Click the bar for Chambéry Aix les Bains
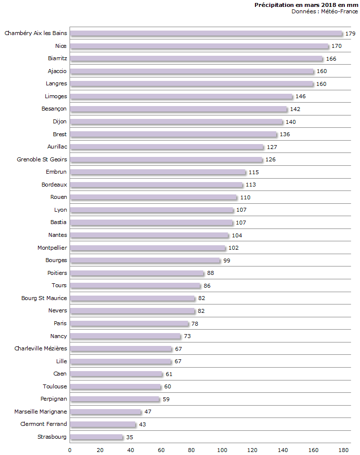click(206, 34)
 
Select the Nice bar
click(199, 46)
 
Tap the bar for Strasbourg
click(96, 437)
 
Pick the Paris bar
click(129, 324)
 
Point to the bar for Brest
click(173, 134)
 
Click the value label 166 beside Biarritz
click(331, 59)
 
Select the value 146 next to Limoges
click(301, 97)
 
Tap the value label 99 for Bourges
click(227, 261)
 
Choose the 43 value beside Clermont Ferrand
click(143, 424)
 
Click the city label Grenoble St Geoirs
click(42, 159)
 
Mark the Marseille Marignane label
click(41, 412)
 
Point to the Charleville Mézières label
click(41, 348)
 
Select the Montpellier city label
click(52, 248)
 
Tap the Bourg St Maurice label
click(44, 298)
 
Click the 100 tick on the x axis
click(222, 450)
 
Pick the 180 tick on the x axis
click(344, 450)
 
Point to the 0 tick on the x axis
click(70, 450)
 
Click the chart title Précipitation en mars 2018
click(306, 5)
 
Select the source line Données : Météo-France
click(324, 11)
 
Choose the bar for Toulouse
click(115, 386)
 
